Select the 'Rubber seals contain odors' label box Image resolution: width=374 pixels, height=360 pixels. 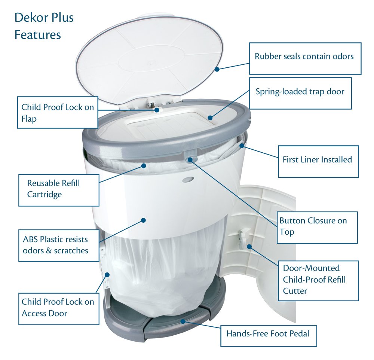[x=304, y=58]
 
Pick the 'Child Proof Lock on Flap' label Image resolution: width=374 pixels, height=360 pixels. [x=58, y=112]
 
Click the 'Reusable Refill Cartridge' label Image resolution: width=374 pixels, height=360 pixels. [x=58, y=189]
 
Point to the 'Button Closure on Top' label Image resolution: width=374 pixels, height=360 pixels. [x=313, y=226]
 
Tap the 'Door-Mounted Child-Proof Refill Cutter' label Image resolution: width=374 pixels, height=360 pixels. [x=315, y=280]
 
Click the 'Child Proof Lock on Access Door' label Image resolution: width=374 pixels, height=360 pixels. [x=58, y=307]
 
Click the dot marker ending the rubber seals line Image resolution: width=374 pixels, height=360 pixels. [x=217, y=69]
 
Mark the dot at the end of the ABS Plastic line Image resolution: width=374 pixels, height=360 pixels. [x=143, y=220]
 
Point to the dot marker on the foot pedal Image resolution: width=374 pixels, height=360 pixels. [x=183, y=321]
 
